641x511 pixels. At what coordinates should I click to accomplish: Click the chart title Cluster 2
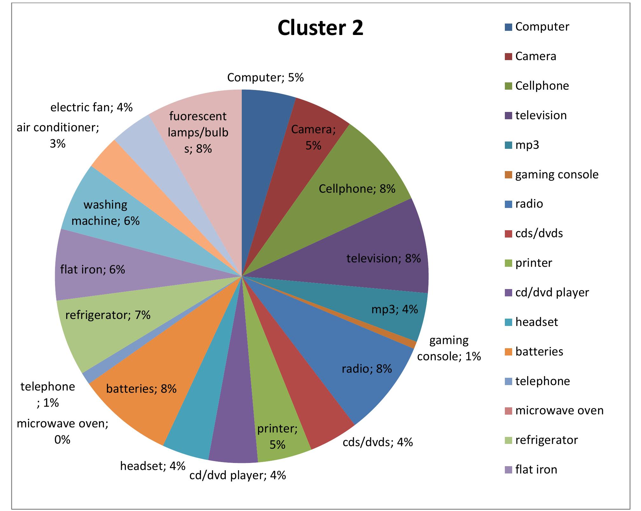point(320,28)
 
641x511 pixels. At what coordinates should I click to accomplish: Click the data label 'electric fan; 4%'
point(91,107)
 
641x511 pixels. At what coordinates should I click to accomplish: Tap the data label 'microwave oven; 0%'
point(62,432)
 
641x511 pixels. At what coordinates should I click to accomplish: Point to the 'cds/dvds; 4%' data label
point(378,442)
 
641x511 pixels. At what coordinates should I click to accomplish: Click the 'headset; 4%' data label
point(153,466)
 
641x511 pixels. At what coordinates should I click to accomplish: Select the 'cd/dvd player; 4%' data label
point(237,475)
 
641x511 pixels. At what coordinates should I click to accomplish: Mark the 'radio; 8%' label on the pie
point(366,369)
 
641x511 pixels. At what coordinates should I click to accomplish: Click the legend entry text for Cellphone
point(542,86)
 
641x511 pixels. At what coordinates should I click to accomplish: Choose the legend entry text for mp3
point(527,145)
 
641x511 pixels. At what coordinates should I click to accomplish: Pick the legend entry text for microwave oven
point(559,411)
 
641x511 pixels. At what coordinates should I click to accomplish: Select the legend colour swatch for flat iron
point(508,470)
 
